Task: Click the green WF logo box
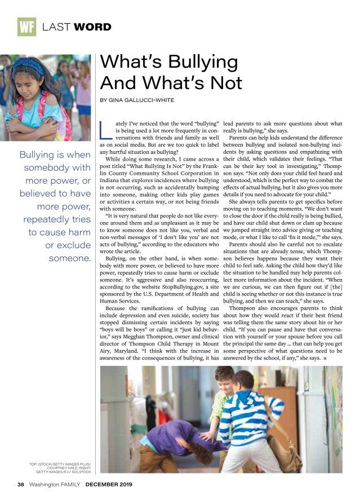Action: pos(26,26)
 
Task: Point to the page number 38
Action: pos(21,484)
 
